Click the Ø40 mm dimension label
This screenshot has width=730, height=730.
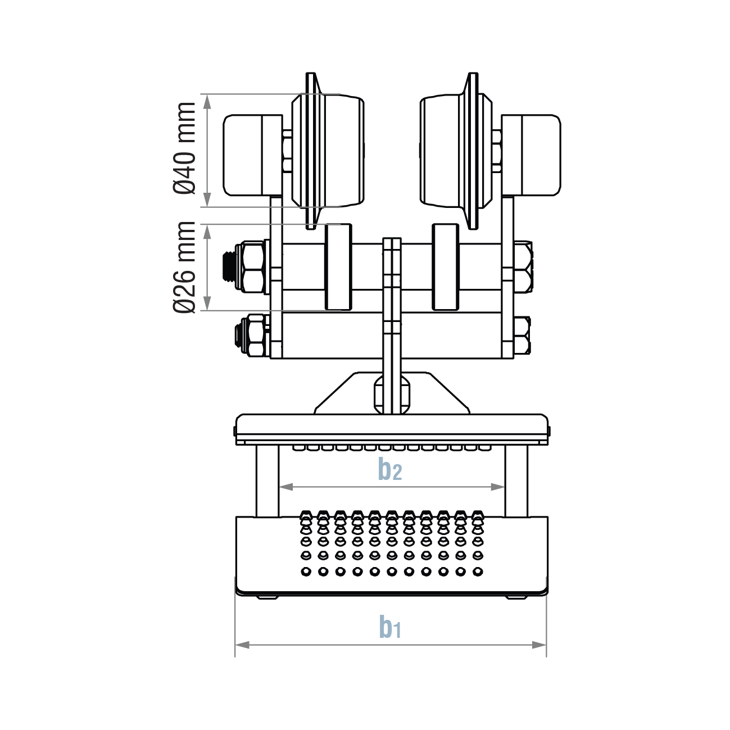[185, 148]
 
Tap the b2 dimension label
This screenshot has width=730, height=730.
[390, 469]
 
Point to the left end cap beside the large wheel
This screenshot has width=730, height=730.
[244, 155]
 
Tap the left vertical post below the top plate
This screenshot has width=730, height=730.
[267, 481]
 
